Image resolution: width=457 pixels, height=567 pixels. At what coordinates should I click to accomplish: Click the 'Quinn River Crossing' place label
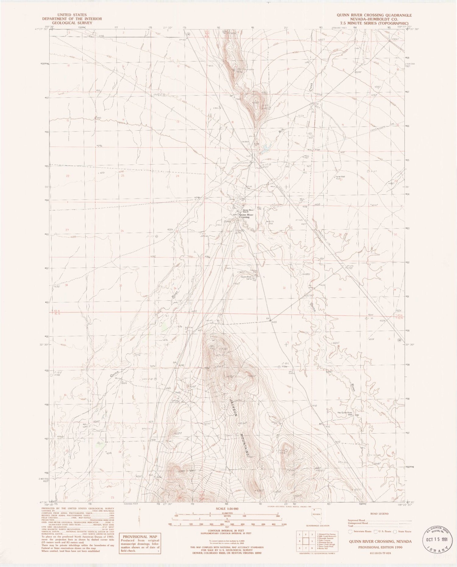click(244, 216)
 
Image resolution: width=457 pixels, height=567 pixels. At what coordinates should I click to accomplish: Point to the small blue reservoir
click(267, 148)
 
